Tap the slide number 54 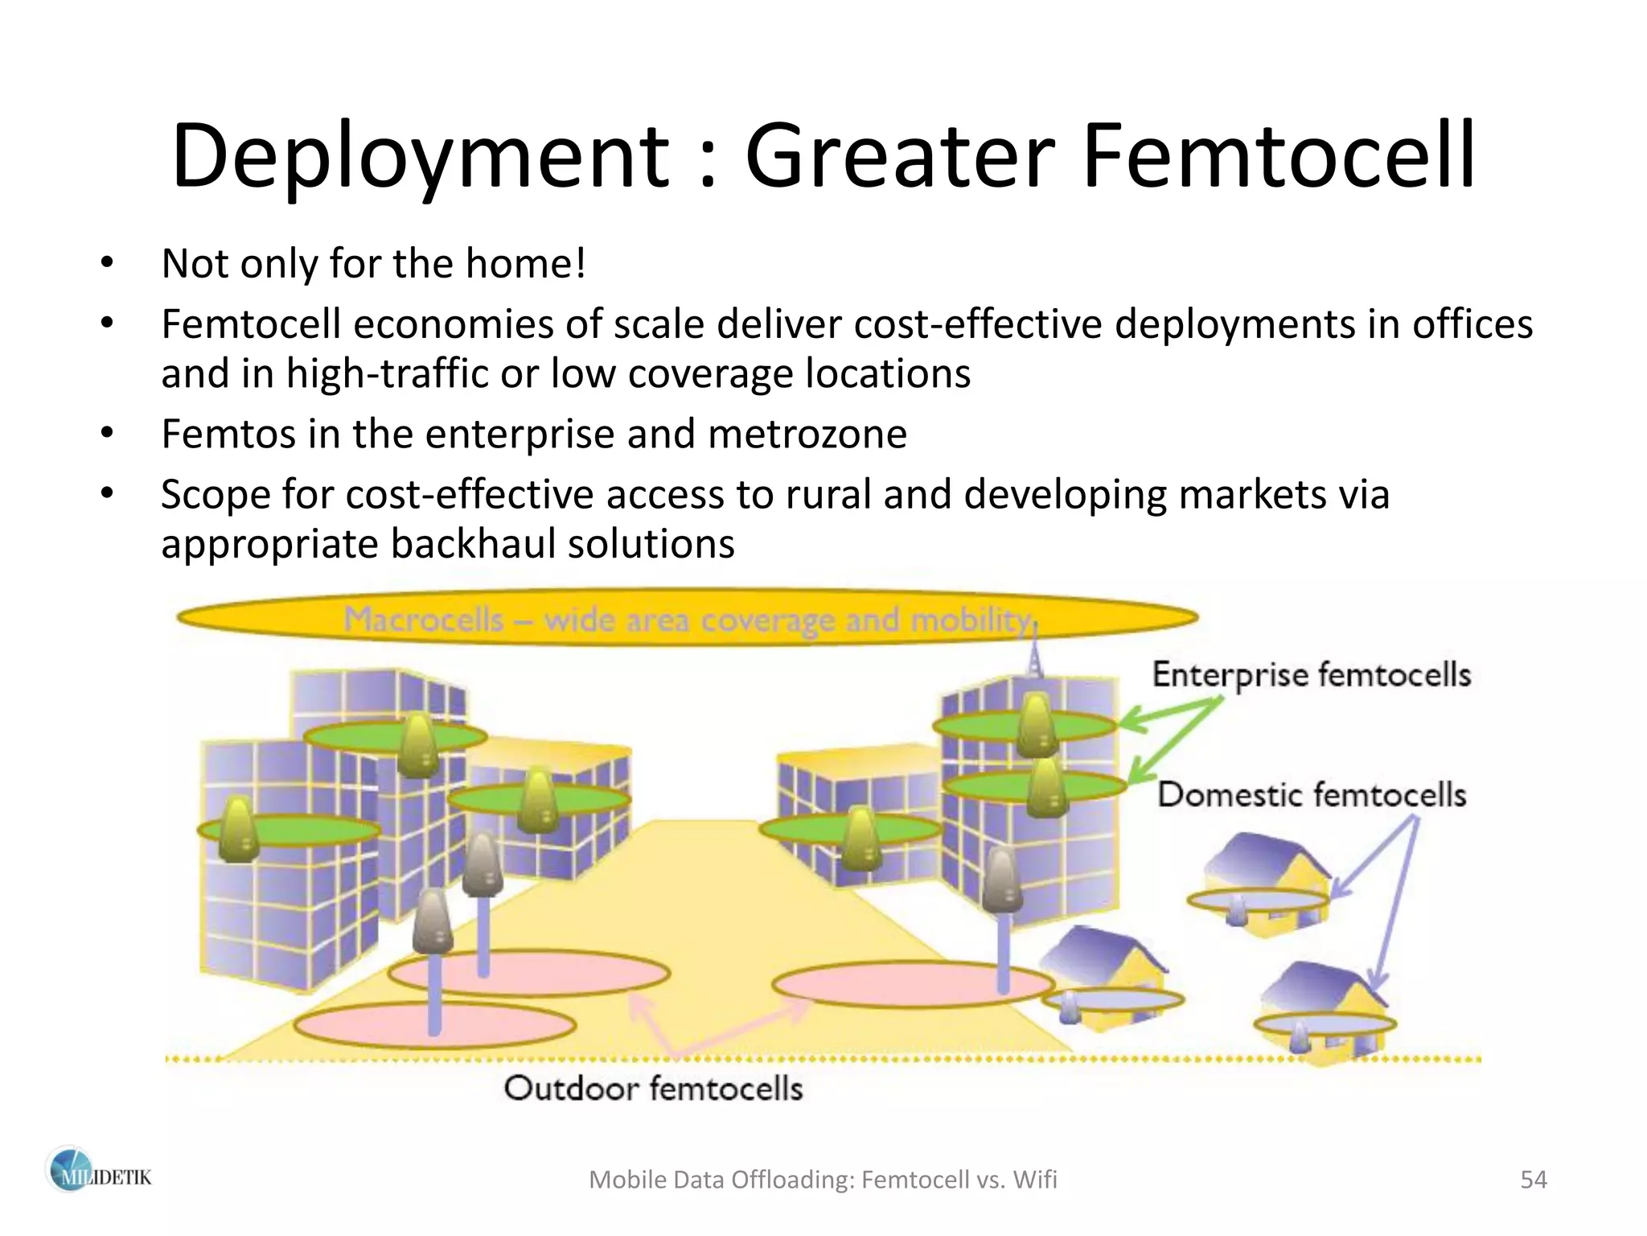click(x=1533, y=1180)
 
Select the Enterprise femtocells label click(x=1311, y=674)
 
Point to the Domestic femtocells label click(x=1311, y=795)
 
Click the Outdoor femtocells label click(x=653, y=1089)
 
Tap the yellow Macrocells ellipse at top click(x=687, y=619)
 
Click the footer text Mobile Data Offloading click(x=720, y=1180)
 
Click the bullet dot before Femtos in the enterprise click(x=108, y=434)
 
